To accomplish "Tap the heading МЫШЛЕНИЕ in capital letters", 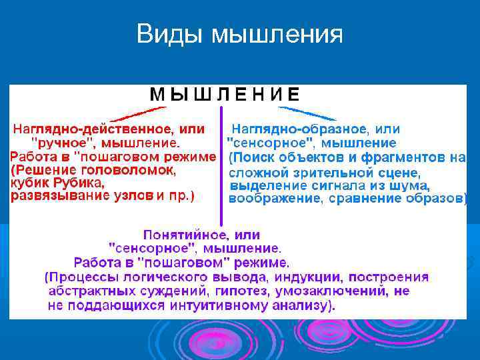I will [225, 95].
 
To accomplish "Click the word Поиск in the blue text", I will [253, 158].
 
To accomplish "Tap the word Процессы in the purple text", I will [78, 277].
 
